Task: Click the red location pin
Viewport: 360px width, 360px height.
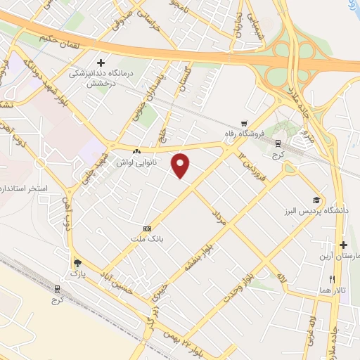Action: tap(181, 165)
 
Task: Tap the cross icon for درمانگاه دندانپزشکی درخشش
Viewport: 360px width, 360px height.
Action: tap(102, 63)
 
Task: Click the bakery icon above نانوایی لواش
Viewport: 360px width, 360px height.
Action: tap(136, 151)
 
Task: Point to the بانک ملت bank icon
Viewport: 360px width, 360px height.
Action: tap(147, 229)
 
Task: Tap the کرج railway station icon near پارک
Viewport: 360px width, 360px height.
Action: tap(57, 288)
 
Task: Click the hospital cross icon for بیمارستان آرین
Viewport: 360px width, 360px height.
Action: tap(343, 245)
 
